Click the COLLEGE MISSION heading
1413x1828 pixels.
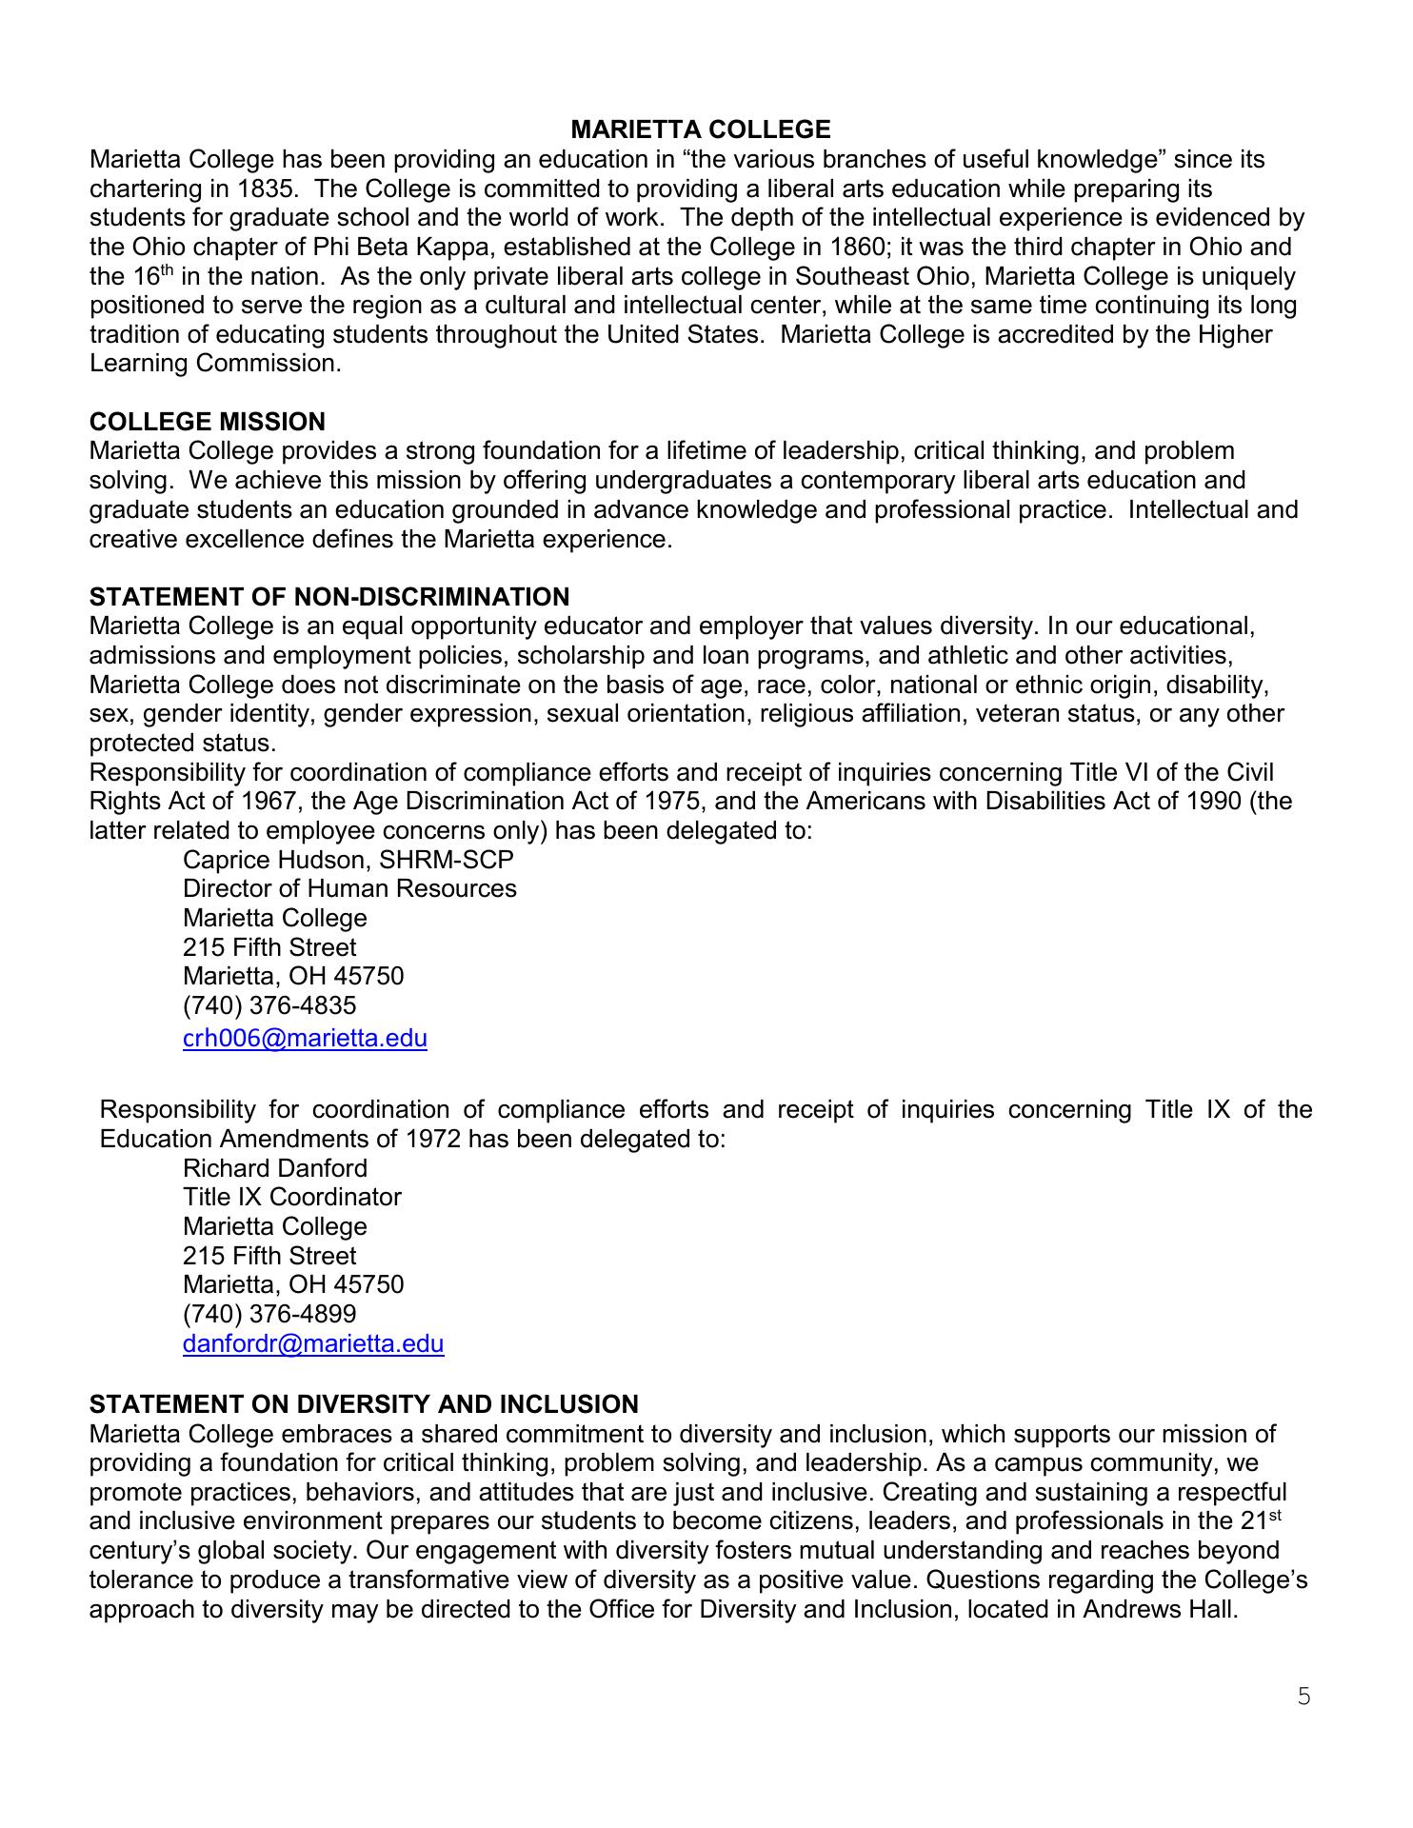click(207, 422)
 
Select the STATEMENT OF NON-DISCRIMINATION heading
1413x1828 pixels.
click(328, 597)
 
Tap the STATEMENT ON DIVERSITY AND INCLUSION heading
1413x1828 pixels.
click(363, 1404)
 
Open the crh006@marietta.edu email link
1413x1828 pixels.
click(305, 1038)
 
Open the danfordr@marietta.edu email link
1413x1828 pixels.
click(312, 1343)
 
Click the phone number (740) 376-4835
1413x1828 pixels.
click(269, 1005)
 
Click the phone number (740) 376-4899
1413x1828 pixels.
click(269, 1314)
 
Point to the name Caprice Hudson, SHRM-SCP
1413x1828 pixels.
click(348, 860)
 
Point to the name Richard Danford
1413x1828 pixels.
click(274, 1168)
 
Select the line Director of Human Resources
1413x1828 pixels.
click(349, 888)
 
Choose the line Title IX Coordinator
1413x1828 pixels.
click(291, 1197)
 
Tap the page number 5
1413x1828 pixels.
click(1304, 1696)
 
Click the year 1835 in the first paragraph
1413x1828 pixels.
click(262, 189)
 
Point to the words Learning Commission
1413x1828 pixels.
click(214, 364)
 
